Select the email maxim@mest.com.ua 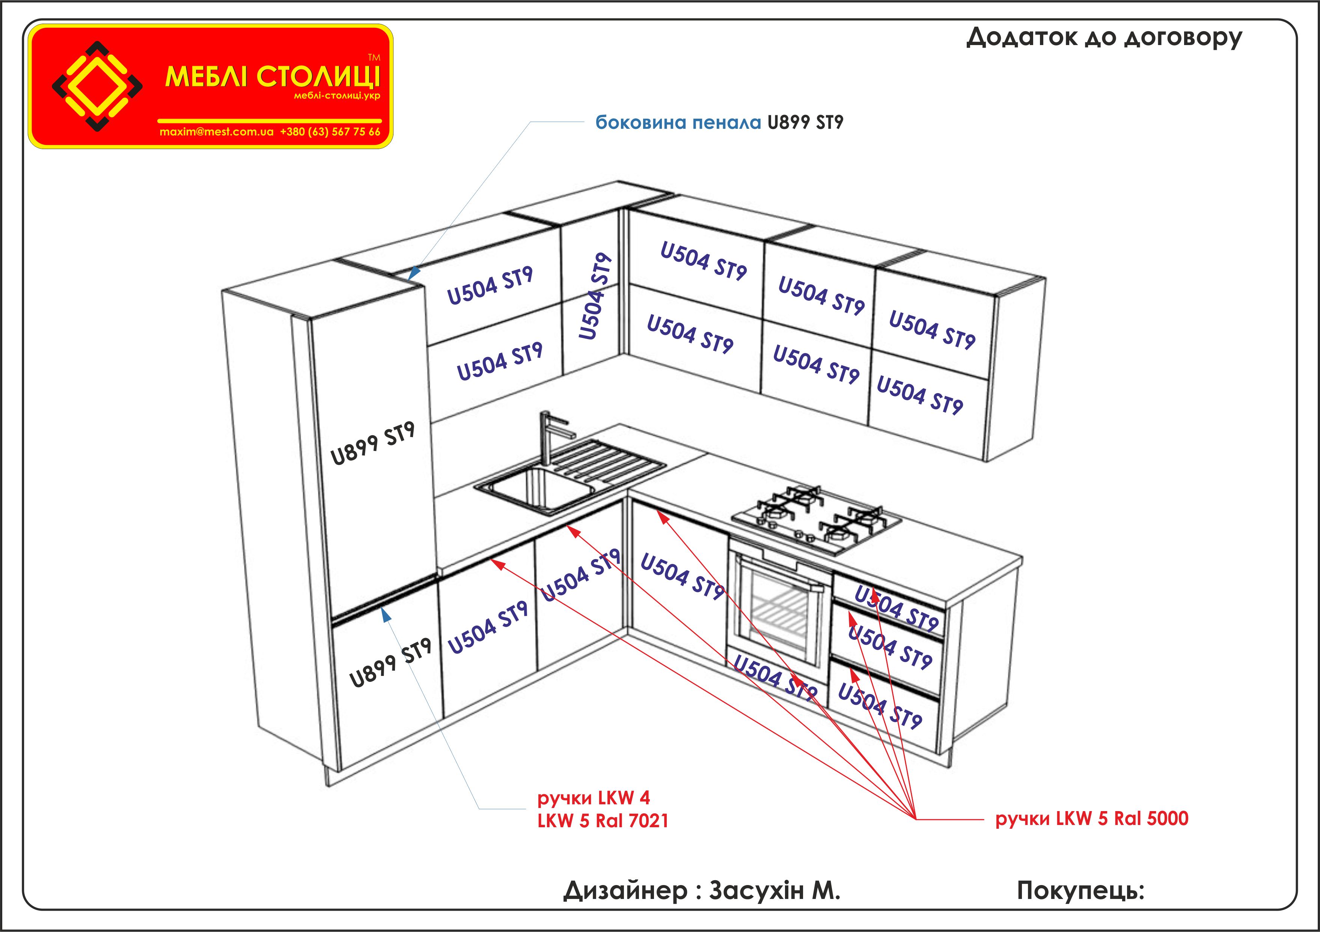tap(216, 132)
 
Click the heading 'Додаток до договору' tap(1104, 38)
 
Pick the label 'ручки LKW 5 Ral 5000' tap(1091, 818)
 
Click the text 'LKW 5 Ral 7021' tap(603, 821)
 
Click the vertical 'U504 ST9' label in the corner tap(594, 296)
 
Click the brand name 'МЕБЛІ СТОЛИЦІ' tap(273, 77)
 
